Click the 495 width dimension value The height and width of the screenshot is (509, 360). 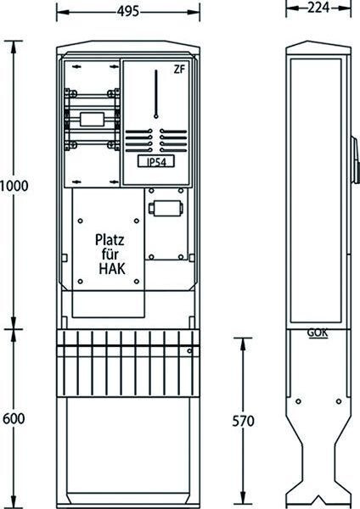(128, 9)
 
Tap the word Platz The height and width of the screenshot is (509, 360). (104, 241)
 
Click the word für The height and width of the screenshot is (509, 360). (104, 255)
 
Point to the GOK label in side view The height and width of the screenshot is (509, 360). (313, 333)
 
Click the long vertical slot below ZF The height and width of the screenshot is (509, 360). (157, 94)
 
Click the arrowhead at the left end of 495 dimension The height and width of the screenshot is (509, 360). (60, 10)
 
